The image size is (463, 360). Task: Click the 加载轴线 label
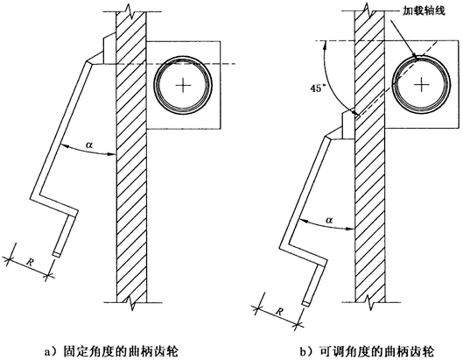pyautogui.click(x=424, y=11)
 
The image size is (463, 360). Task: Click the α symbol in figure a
pyautogui.click(x=89, y=145)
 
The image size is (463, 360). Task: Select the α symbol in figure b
pyautogui.click(x=330, y=220)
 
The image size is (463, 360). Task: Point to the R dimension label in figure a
pyautogui.click(x=30, y=262)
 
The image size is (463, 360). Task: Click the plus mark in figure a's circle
pyautogui.click(x=183, y=86)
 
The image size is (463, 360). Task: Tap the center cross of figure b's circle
pyautogui.click(x=421, y=85)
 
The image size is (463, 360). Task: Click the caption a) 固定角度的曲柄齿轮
pyautogui.click(x=111, y=352)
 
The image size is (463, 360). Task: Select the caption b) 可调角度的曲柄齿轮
pyautogui.click(x=367, y=352)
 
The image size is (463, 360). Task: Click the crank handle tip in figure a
pyautogui.click(x=57, y=254)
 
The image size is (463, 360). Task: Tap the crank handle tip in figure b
pyautogui.click(x=306, y=303)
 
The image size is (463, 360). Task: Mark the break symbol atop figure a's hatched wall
pyautogui.click(x=130, y=10)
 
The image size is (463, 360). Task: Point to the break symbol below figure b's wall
pyautogui.click(x=369, y=301)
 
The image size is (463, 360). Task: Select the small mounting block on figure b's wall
pyautogui.click(x=348, y=125)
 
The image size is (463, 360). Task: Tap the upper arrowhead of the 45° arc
pyautogui.click(x=325, y=45)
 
